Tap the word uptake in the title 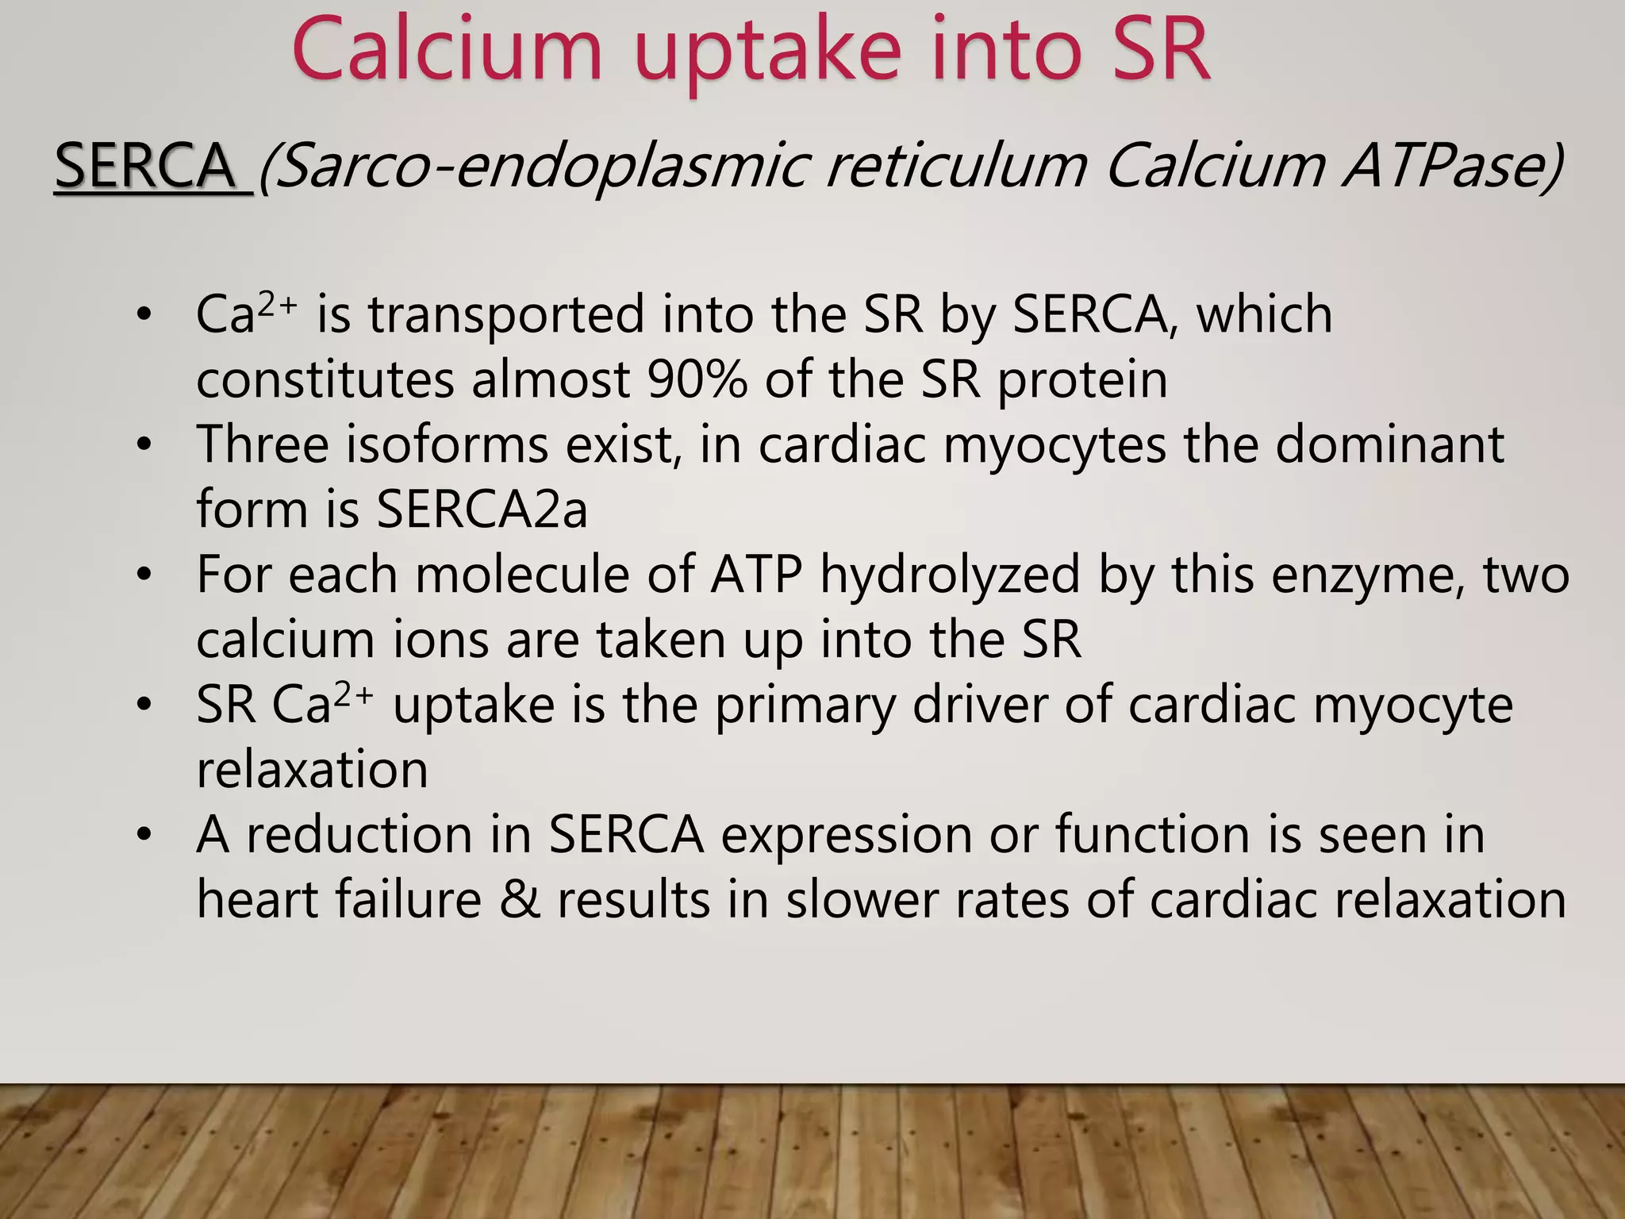768,52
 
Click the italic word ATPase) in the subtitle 1452,166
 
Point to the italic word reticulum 955,166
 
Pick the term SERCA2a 482,509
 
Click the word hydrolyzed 950,575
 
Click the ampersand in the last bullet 519,900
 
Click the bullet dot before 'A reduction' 143,835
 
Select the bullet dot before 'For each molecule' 143,575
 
